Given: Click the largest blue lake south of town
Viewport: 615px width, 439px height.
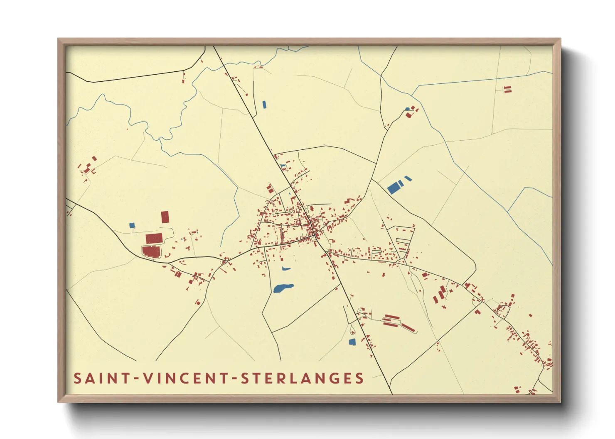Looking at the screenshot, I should pos(283,288).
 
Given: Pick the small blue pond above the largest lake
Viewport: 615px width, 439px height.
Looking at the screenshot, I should pos(285,269).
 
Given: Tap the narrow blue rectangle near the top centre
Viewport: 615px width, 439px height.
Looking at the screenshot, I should pos(264,105).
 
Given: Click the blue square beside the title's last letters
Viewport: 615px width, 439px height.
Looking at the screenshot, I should pos(352,342).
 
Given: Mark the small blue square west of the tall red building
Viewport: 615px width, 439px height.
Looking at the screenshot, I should pos(132,225).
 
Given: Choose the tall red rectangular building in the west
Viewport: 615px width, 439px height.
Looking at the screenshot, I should pos(165,217).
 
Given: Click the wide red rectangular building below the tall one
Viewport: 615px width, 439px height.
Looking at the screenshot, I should pos(154,238).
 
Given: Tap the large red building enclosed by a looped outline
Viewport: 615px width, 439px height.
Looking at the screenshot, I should pos(151,251).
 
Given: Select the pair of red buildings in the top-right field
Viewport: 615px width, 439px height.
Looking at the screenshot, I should pos(507,89).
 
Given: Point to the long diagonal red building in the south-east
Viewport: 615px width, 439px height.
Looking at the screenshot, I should pos(408,327).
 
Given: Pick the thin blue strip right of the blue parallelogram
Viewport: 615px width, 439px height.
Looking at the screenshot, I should pos(408,179).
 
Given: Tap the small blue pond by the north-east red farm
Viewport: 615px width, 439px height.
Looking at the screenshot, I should pos(408,109).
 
